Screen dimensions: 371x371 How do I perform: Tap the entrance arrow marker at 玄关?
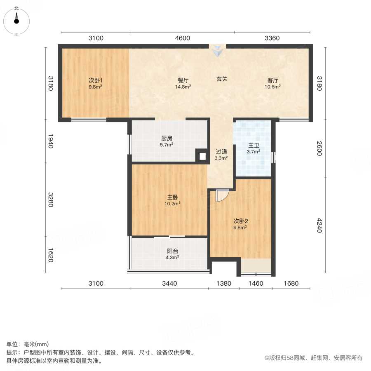217,52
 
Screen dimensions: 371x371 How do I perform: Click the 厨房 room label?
167,139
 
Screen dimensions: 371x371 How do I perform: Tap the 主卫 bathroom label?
253,146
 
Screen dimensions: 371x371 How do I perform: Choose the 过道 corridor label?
221,151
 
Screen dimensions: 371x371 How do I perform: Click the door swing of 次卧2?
221,195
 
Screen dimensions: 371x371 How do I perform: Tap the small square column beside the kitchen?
202,156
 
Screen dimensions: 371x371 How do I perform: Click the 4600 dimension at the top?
183,38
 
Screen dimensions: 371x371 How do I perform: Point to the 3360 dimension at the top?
272,38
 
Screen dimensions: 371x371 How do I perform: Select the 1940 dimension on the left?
50,141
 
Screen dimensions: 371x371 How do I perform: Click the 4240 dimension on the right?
319,225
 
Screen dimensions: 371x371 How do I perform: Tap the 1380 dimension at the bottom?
224,284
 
